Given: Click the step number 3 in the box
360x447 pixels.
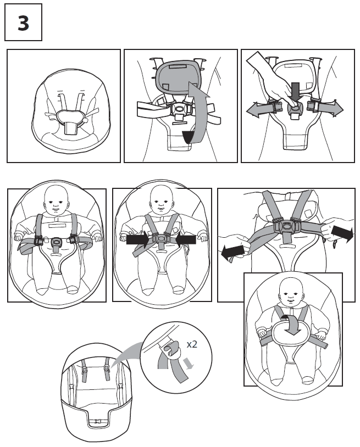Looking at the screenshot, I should click(x=23, y=24).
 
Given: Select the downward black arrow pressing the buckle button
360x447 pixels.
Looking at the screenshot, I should click(x=295, y=92).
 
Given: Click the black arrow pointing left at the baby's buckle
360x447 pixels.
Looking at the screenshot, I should click(x=185, y=239).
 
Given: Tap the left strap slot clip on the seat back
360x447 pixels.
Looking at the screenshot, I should click(x=85, y=373).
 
